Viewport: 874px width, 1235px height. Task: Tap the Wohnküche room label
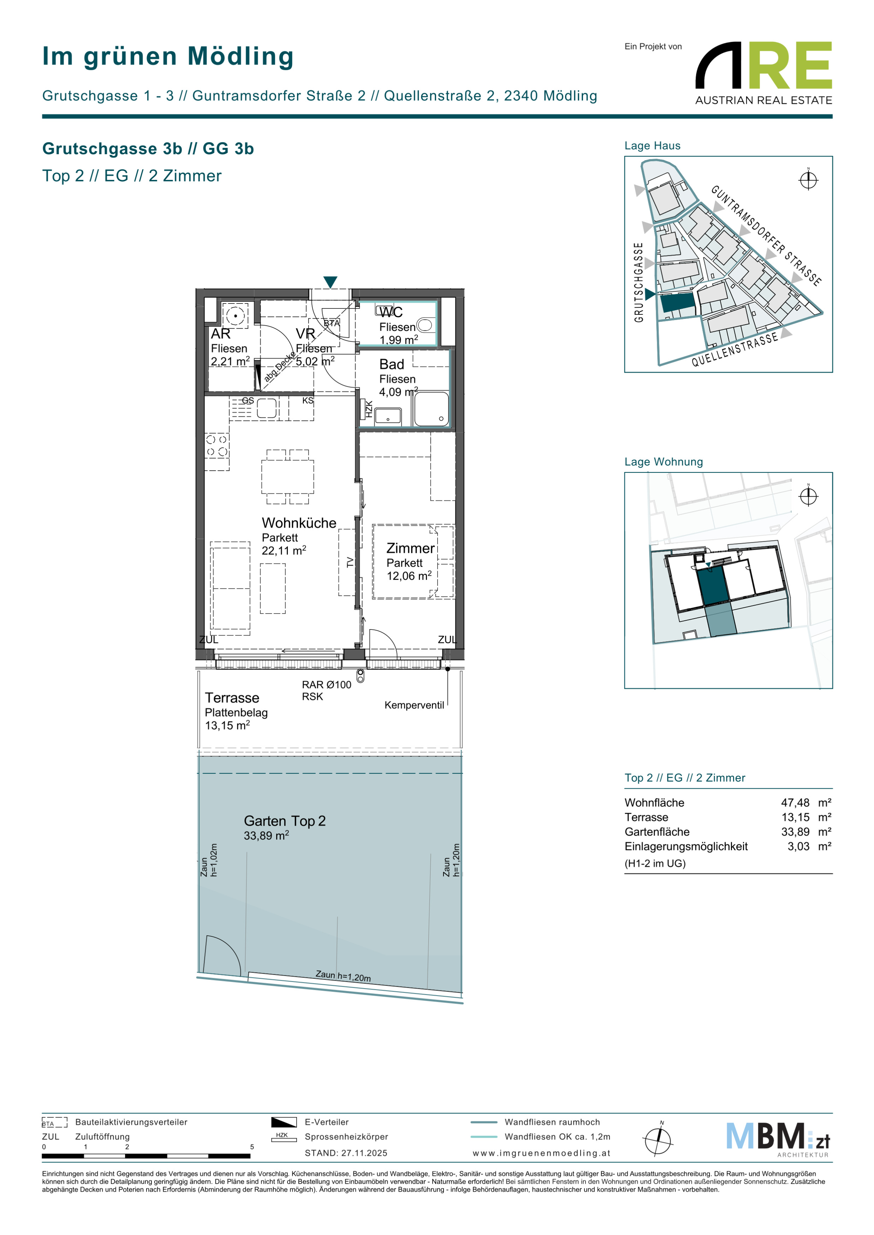[x=299, y=523]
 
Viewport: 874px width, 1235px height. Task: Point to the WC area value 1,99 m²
[x=398, y=340]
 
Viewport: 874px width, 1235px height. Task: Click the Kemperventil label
[x=414, y=705]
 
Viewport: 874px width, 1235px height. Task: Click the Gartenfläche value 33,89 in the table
[x=795, y=832]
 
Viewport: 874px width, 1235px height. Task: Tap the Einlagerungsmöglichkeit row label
[x=686, y=846]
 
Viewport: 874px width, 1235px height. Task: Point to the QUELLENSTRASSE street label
[x=735, y=350]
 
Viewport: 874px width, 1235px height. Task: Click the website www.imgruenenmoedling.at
[x=541, y=1153]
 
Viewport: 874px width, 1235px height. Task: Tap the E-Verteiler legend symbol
[x=284, y=1122]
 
